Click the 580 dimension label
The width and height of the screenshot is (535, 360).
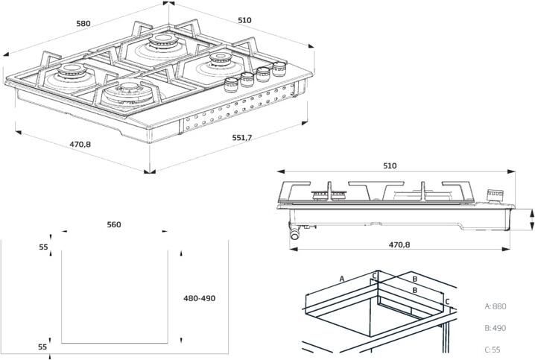click(83, 23)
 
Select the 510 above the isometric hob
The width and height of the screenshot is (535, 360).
click(244, 20)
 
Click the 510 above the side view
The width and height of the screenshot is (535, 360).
click(390, 165)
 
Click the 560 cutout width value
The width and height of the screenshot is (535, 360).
click(114, 224)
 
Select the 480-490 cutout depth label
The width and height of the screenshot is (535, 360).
click(199, 298)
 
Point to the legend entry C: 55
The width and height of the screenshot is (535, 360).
click(492, 349)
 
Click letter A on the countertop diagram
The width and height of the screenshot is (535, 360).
click(341, 279)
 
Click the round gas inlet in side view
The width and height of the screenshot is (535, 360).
click(296, 234)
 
